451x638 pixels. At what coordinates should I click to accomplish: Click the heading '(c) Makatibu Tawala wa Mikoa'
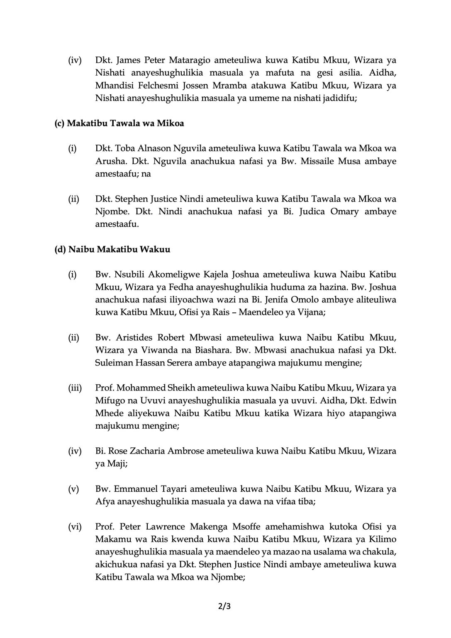coord(119,123)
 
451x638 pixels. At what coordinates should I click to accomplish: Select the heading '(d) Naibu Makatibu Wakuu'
coord(112,250)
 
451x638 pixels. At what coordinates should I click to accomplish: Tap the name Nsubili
coord(128,275)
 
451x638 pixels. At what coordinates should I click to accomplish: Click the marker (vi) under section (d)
coord(75,527)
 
